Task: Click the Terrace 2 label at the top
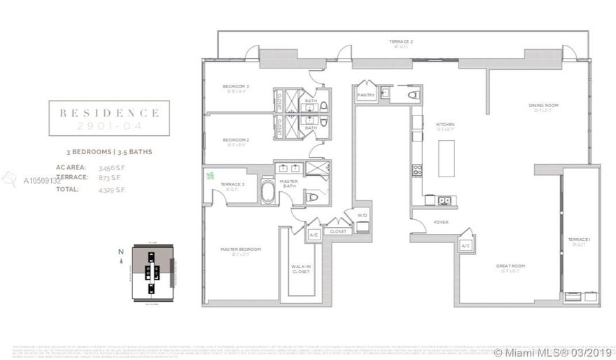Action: (x=401, y=42)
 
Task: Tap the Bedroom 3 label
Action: (x=236, y=87)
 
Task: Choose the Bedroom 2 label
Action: (x=236, y=140)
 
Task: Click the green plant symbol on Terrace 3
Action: (x=211, y=176)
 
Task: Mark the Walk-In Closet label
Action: (x=300, y=269)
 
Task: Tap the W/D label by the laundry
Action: (x=361, y=215)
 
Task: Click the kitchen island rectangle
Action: (x=446, y=159)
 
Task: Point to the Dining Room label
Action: (x=543, y=106)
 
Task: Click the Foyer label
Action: (x=441, y=223)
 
